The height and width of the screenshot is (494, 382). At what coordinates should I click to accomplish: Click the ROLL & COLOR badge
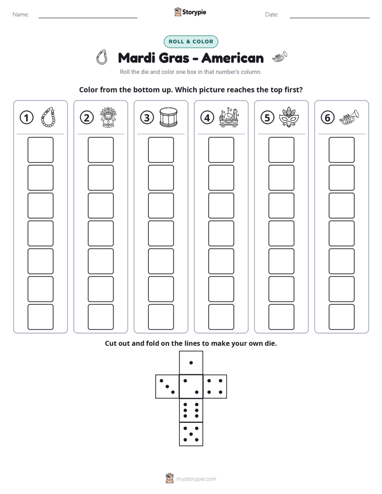pyautogui.click(x=190, y=42)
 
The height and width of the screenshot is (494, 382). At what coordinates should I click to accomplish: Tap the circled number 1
pyautogui.click(x=26, y=118)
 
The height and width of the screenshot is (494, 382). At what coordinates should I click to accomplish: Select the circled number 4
pyautogui.click(x=207, y=118)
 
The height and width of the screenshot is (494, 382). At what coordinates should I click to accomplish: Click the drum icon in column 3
pyautogui.click(x=169, y=117)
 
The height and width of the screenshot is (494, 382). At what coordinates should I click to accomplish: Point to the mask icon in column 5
pyautogui.click(x=289, y=117)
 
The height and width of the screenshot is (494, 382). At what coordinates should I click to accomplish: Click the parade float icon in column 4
pyautogui.click(x=229, y=117)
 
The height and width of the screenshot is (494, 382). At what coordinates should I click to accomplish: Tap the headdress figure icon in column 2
pyautogui.click(x=109, y=117)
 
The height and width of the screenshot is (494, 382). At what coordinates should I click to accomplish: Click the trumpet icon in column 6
pyautogui.click(x=349, y=117)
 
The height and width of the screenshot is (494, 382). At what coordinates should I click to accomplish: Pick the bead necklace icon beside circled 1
pyautogui.click(x=48, y=117)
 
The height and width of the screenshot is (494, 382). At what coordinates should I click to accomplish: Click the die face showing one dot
pyautogui.click(x=191, y=362)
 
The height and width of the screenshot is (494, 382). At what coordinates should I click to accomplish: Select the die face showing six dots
pyautogui.click(x=191, y=410)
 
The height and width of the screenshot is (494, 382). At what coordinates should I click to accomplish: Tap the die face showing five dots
pyautogui.click(x=191, y=434)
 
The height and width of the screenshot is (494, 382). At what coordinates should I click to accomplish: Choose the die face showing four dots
pyautogui.click(x=215, y=387)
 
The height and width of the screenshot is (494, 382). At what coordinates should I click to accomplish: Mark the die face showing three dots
pyautogui.click(x=167, y=387)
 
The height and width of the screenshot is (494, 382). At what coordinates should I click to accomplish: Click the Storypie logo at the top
pyautogui.click(x=190, y=12)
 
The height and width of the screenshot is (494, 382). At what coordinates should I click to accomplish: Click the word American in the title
pyautogui.click(x=233, y=58)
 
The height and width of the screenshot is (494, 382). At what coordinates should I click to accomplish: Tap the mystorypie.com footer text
pyautogui.click(x=196, y=479)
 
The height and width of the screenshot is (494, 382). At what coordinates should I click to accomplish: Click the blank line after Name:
pyautogui.click(x=88, y=18)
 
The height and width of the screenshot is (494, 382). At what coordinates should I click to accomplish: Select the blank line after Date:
pyautogui.click(x=330, y=18)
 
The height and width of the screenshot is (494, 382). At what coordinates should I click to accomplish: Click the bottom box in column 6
pyautogui.click(x=342, y=317)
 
